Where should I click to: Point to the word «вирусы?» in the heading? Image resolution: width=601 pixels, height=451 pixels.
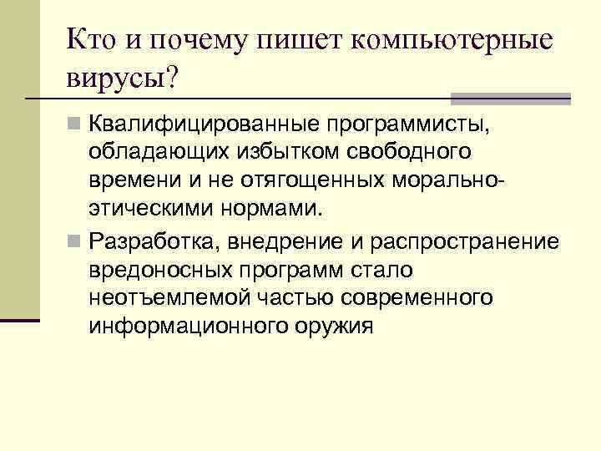coord(124,82)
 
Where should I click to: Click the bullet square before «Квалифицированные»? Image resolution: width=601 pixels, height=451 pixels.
coord(74,125)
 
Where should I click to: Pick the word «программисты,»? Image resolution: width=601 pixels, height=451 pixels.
coord(407,124)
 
